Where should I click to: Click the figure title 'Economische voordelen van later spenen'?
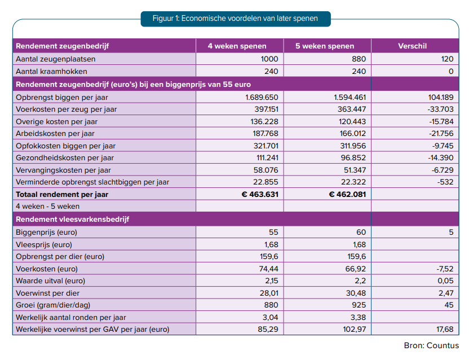click(x=250, y=19)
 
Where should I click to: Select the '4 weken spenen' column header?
click(x=237, y=46)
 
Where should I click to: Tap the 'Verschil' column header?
click(x=412, y=46)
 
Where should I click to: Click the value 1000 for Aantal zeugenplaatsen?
click(x=269, y=59)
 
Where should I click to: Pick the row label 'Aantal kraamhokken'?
click(x=51, y=72)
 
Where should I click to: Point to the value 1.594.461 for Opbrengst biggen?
click(x=349, y=98)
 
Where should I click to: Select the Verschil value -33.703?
click(x=440, y=109)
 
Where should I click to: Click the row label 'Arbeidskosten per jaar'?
click(x=55, y=134)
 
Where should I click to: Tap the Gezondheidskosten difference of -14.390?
click(x=441, y=158)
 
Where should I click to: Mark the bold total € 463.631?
click(x=260, y=195)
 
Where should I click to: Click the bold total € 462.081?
click(x=347, y=195)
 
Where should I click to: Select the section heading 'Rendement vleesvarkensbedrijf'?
click(x=72, y=219)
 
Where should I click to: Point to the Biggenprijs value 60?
click(x=361, y=232)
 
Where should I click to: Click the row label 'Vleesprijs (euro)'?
click(x=44, y=245)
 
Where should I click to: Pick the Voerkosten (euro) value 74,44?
click(x=268, y=269)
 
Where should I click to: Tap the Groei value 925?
click(x=359, y=305)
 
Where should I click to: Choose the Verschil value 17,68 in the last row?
click(x=445, y=330)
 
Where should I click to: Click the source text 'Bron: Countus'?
click(x=431, y=346)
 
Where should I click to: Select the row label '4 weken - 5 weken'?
click(x=47, y=207)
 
